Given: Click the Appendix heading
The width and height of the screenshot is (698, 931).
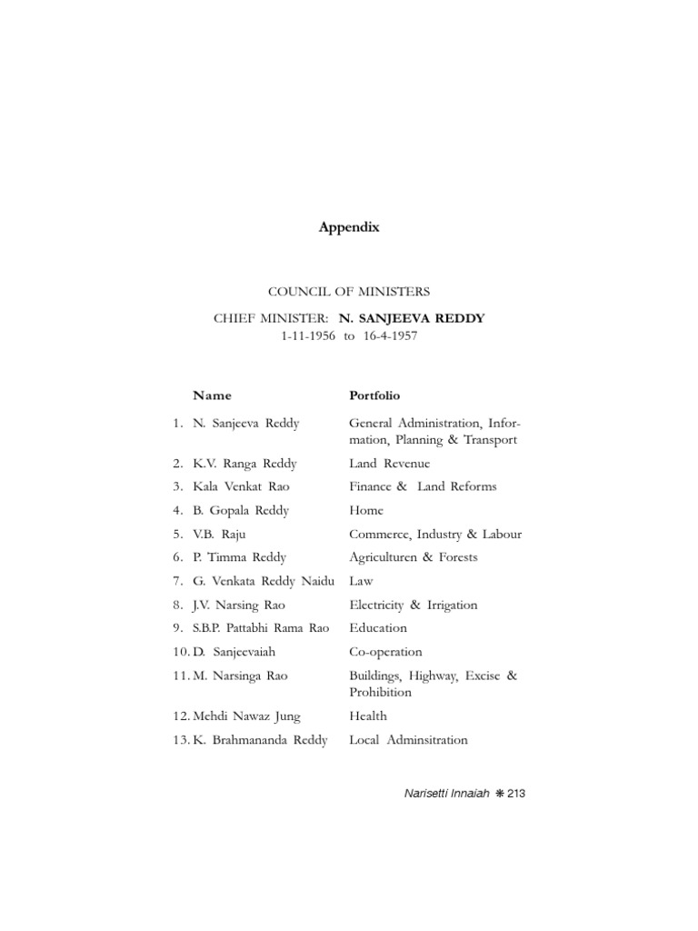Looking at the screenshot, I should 349,228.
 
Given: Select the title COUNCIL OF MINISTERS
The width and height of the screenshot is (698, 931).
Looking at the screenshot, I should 349,292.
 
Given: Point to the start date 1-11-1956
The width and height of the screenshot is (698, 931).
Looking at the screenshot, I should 309,335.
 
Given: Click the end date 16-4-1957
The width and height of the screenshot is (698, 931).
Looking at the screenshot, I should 389,335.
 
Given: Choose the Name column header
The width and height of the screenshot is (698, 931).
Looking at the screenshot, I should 212,395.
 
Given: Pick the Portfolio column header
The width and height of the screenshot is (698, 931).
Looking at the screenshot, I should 374,395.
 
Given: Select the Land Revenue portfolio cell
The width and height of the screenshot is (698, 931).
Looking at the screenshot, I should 390,464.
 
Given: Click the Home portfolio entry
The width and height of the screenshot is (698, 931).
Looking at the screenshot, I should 366,510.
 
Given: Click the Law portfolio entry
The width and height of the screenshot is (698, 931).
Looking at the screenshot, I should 361,581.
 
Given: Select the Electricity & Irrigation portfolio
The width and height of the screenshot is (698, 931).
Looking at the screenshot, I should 413,605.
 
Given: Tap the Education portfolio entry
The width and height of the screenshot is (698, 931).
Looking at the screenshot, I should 378,627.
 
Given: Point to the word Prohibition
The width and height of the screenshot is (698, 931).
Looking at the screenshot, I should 380,692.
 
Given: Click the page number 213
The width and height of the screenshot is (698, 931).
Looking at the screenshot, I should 517,794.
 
